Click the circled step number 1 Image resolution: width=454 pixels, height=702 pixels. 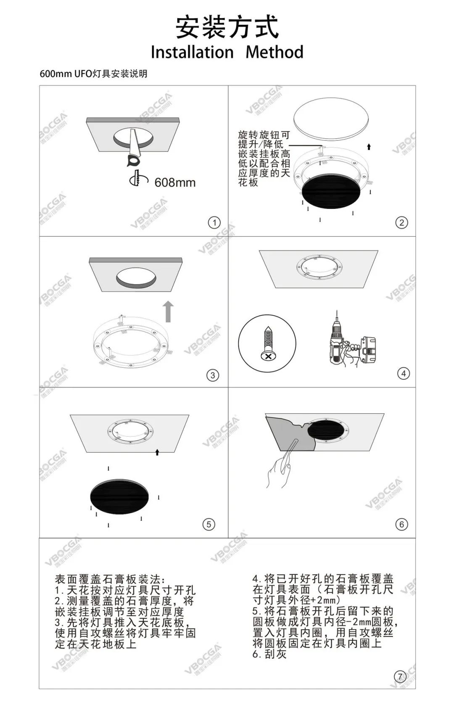tap(214, 223)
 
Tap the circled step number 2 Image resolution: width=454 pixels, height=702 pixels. tap(402, 223)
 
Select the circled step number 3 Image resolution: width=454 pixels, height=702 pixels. tap(213, 375)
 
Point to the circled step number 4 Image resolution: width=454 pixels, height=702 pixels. tap(403, 373)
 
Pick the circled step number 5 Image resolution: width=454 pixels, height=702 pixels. tap(209, 524)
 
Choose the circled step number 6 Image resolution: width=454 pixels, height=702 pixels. tap(402, 524)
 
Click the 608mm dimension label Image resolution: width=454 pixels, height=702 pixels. tap(175, 182)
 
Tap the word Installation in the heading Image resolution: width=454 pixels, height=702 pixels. tap(192, 52)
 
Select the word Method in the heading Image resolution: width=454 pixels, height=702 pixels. tap(275, 52)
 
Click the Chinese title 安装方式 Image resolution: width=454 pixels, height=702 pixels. tap(227, 28)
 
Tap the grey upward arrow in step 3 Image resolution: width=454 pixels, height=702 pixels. tap(169, 311)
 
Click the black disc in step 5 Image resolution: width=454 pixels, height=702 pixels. tap(119, 497)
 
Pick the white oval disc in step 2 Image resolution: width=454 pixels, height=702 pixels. tap(331, 117)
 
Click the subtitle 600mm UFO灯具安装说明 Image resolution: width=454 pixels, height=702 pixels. tap(93, 74)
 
